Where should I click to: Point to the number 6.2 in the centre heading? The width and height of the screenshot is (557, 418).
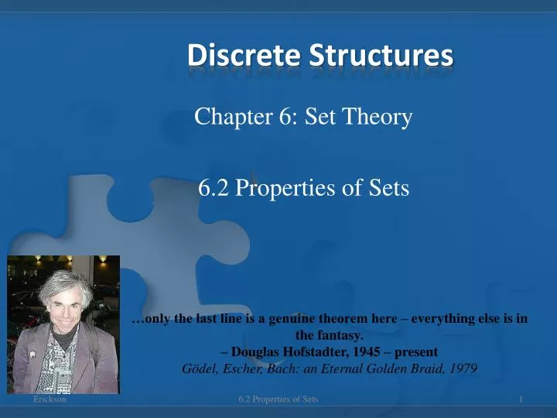tap(212, 187)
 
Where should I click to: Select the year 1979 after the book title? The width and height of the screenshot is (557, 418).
tap(461, 368)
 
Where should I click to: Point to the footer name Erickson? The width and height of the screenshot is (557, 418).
tap(50, 399)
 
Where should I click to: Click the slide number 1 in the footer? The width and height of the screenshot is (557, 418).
tap(523, 399)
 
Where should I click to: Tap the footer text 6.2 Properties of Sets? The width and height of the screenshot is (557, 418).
tap(278, 399)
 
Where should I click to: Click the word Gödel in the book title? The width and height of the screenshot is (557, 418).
tap(196, 368)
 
